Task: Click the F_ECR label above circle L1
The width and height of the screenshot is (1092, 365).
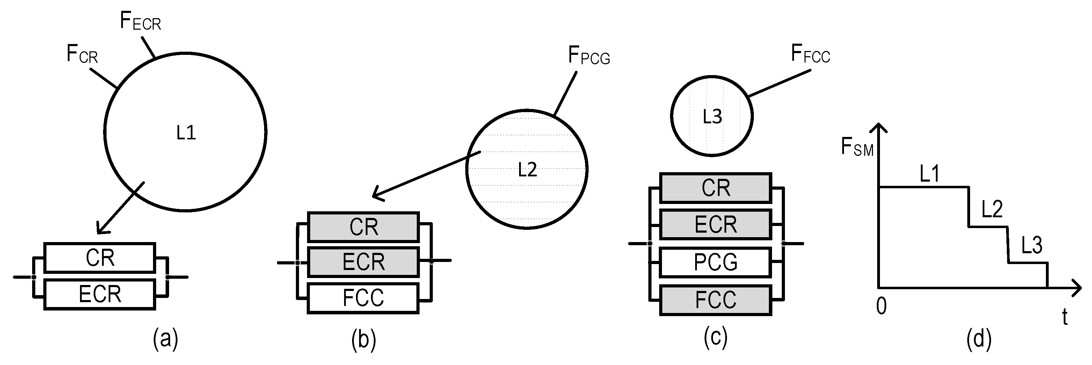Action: pyautogui.click(x=140, y=21)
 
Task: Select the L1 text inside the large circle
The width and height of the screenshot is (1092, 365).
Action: pyautogui.click(x=186, y=133)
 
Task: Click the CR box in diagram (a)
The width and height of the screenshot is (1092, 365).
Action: pyautogui.click(x=100, y=258)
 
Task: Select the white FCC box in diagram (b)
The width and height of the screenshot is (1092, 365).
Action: pyautogui.click(x=363, y=298)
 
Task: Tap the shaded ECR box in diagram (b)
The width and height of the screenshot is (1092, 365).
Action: pyautogui.click(x=363, y=262)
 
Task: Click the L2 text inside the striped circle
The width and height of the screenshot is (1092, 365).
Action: pyautogui.click(x=527, y=169)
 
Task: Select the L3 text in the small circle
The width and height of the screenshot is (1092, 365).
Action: pyautogui.click(x=712, y=117)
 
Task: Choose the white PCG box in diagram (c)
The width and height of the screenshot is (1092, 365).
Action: pyautogui.click(x=715, y=262)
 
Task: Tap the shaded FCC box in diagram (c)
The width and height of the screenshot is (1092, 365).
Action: pyautogui.click(x=715, y=300)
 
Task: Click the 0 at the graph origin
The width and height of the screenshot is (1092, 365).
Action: pyautogui.click(x=881, y=306)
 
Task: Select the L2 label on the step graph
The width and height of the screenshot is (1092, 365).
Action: pyautogui.click(x=992, y=210)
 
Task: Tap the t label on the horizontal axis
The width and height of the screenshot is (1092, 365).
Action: pyautogui.click(x=1064, y=317)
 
